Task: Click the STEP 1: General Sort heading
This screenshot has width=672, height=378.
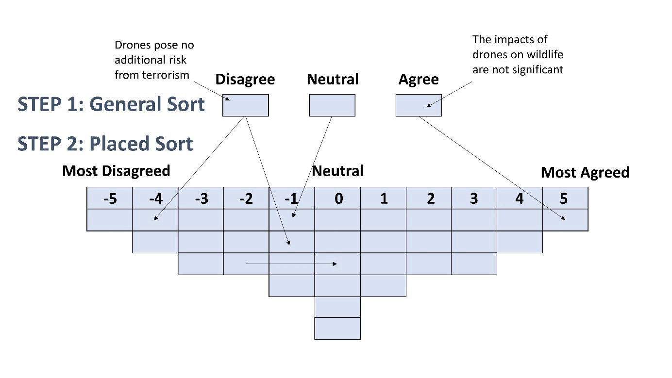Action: click(x=111, y=104)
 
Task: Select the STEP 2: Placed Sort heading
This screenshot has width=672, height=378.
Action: click(x=105, y=144)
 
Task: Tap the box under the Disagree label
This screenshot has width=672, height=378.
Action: click(x=245, y=105)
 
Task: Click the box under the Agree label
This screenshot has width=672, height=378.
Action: click(x=418, y=105)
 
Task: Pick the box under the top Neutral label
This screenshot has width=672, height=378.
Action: click(x=332, y=105)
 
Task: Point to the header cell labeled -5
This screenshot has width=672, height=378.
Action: click(x=110, y=198)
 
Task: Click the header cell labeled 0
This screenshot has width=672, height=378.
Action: click(x=338, y=198)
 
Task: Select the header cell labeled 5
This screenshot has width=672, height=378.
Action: click(x=565, y=198)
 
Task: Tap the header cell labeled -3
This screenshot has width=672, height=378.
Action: click(x=201, y=198)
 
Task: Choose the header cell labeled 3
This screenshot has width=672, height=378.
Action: click(x=474, y=198)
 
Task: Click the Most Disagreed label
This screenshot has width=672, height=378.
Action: click(x=116, y=171)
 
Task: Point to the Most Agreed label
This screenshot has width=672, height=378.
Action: click(x=585, y=172)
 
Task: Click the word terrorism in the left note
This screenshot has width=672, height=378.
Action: click(x=165, y=75)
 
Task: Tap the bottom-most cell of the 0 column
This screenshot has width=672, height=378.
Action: click(x=337, y=329)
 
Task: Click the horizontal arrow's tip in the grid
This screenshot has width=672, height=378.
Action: click(x=336, y=263)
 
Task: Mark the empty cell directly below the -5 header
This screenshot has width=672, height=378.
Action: click(x=110, y=220)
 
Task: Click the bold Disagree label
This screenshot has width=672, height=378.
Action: click(x=245, y=80)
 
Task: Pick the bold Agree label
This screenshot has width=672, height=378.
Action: click(x=418, y=80)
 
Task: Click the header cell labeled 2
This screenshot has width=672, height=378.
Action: click(x=429, y=198)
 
